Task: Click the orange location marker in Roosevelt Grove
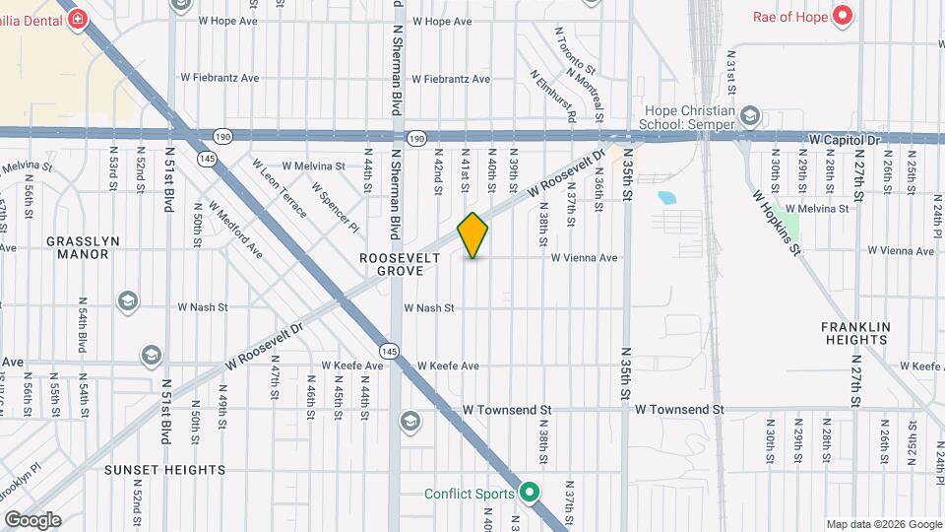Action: tap(472, 235)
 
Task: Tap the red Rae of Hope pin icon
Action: tap(843, 16)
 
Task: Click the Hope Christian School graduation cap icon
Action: tap(750, 117)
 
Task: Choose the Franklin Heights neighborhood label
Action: tap(855, 333)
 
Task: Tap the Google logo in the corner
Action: tap(32, 519)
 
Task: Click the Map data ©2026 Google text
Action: tap(883, 524)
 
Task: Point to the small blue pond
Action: tap(666, 197)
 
